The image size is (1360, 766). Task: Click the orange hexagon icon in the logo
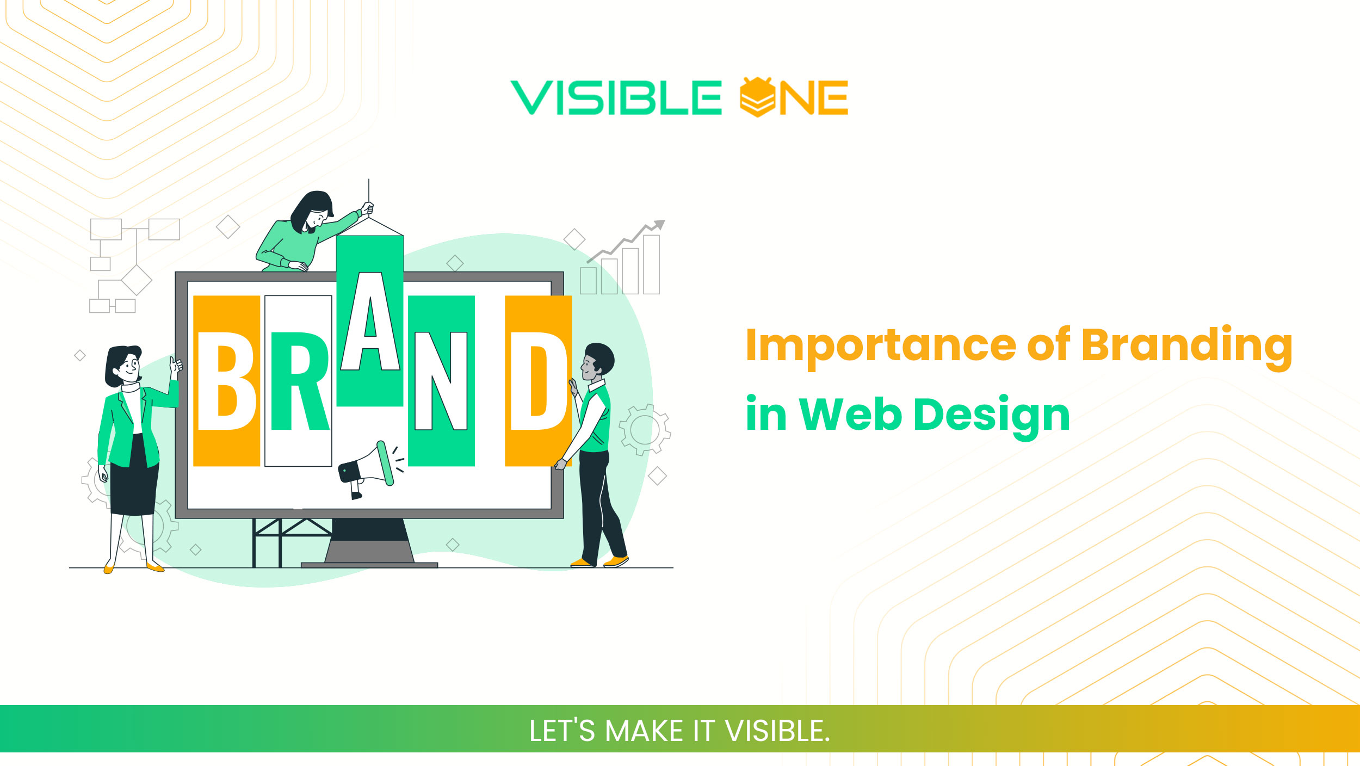click(x=757, y=97)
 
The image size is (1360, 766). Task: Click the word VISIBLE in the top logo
click(x=616, y=98)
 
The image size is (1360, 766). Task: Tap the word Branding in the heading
click(x=1186, y=345)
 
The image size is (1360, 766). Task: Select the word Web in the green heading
click(x=850, y=415)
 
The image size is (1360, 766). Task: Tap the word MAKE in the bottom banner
click(x=644, y=731)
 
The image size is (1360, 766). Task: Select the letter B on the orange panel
click(x=226, y=381)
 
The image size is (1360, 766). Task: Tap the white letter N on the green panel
click(x=441, y=381)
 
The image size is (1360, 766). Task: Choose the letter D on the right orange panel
click(x=537, y=381)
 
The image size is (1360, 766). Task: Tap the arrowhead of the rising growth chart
click(x=659, y=224)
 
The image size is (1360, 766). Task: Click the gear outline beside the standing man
click(x=645, y=430)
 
